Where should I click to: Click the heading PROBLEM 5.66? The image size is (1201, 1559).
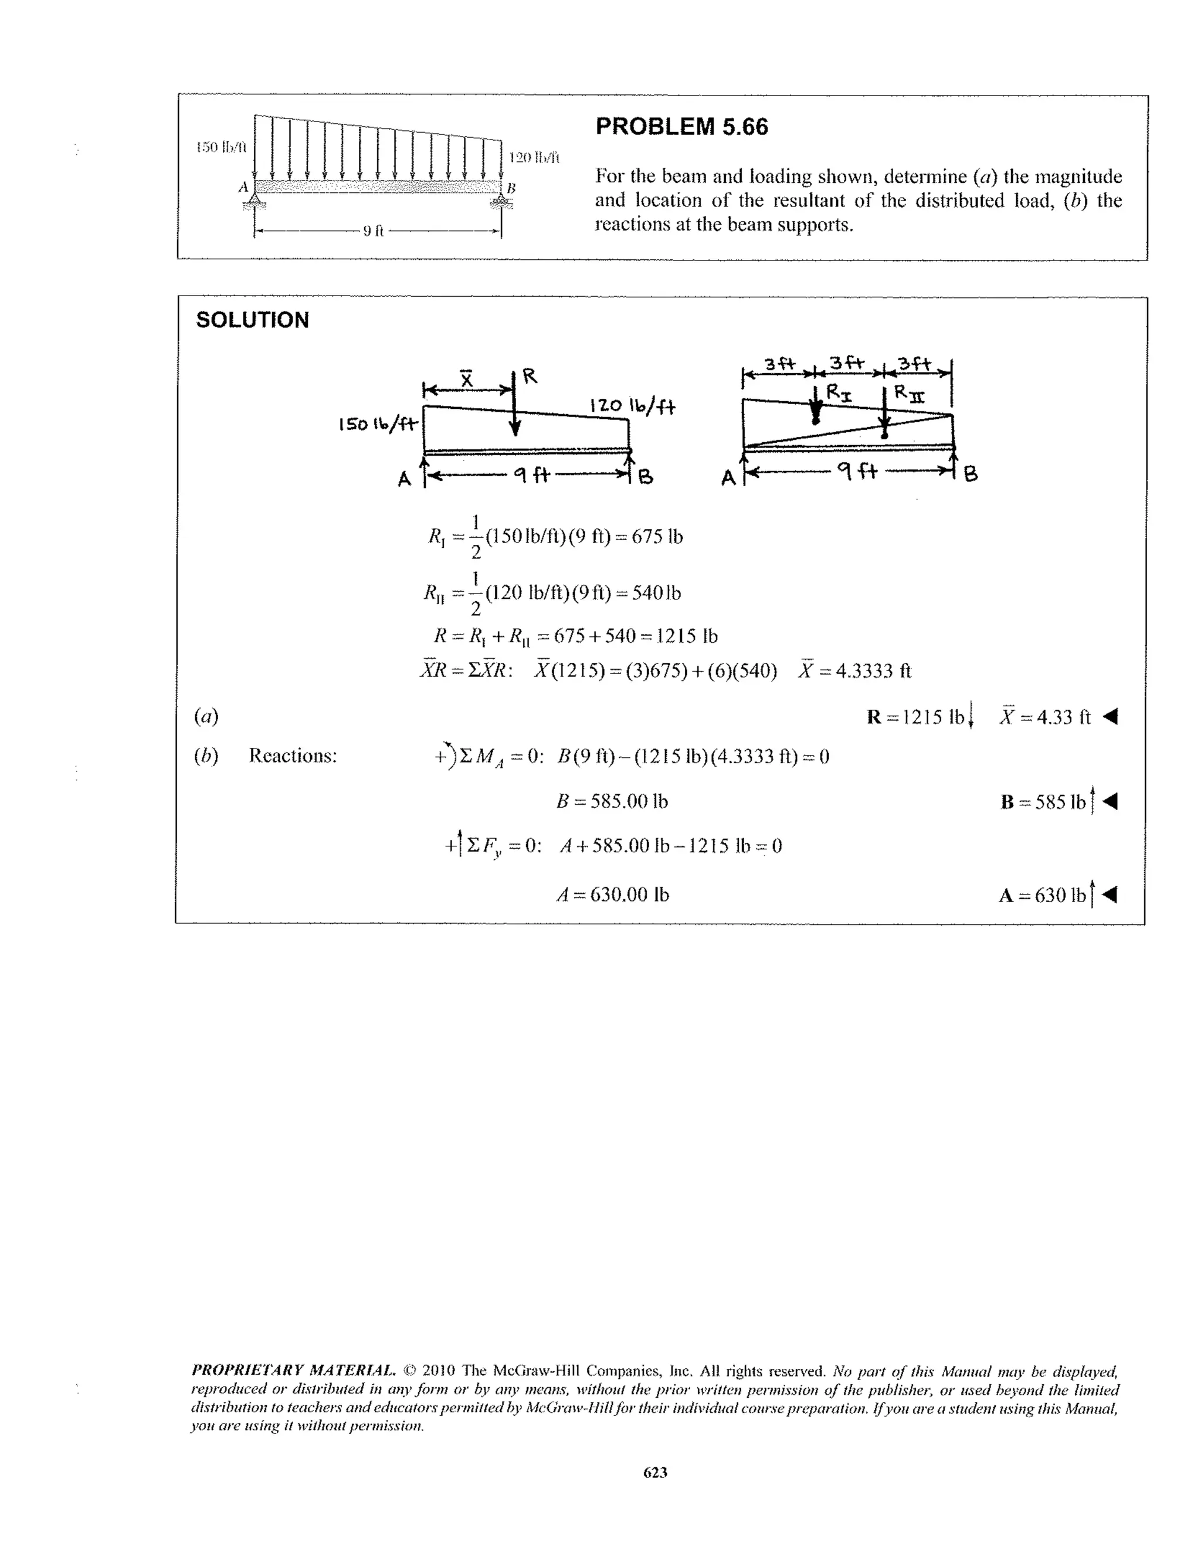click(681, 127)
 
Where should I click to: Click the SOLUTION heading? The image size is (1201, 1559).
click(253, 320)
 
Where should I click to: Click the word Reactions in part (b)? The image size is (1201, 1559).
click(293, 755)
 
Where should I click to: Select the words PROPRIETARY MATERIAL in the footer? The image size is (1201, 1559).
click(293, 1371)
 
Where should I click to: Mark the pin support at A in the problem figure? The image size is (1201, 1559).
click(254, 204)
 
